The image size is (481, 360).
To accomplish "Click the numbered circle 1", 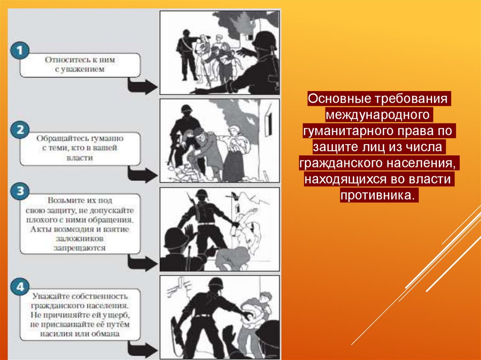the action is click(x=20, y=51).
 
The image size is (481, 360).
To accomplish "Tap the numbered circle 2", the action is click(x=20, y=130).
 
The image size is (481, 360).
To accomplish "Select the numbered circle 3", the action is click(x=20, y=191).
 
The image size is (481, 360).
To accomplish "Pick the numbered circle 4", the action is click(x=20, y=287).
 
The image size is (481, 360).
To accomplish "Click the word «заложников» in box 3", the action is click(x=80, y=238).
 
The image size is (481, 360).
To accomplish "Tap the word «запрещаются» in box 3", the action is click(x=80, y=248).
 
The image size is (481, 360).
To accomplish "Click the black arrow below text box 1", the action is click(x=143, y=86).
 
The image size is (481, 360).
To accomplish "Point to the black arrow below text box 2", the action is click(x=143, y=174).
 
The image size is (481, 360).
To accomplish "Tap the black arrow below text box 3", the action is click(x=143, y=263).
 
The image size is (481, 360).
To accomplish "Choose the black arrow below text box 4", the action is click(x=143, y=350).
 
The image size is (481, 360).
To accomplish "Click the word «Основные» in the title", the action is click(x=339, y=99).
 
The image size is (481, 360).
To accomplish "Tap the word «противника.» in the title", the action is click(x=379, y=195).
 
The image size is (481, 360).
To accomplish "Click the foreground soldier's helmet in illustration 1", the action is click(x=264, y=40).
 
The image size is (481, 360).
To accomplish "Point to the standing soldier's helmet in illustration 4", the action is click(x=216, y=283).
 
